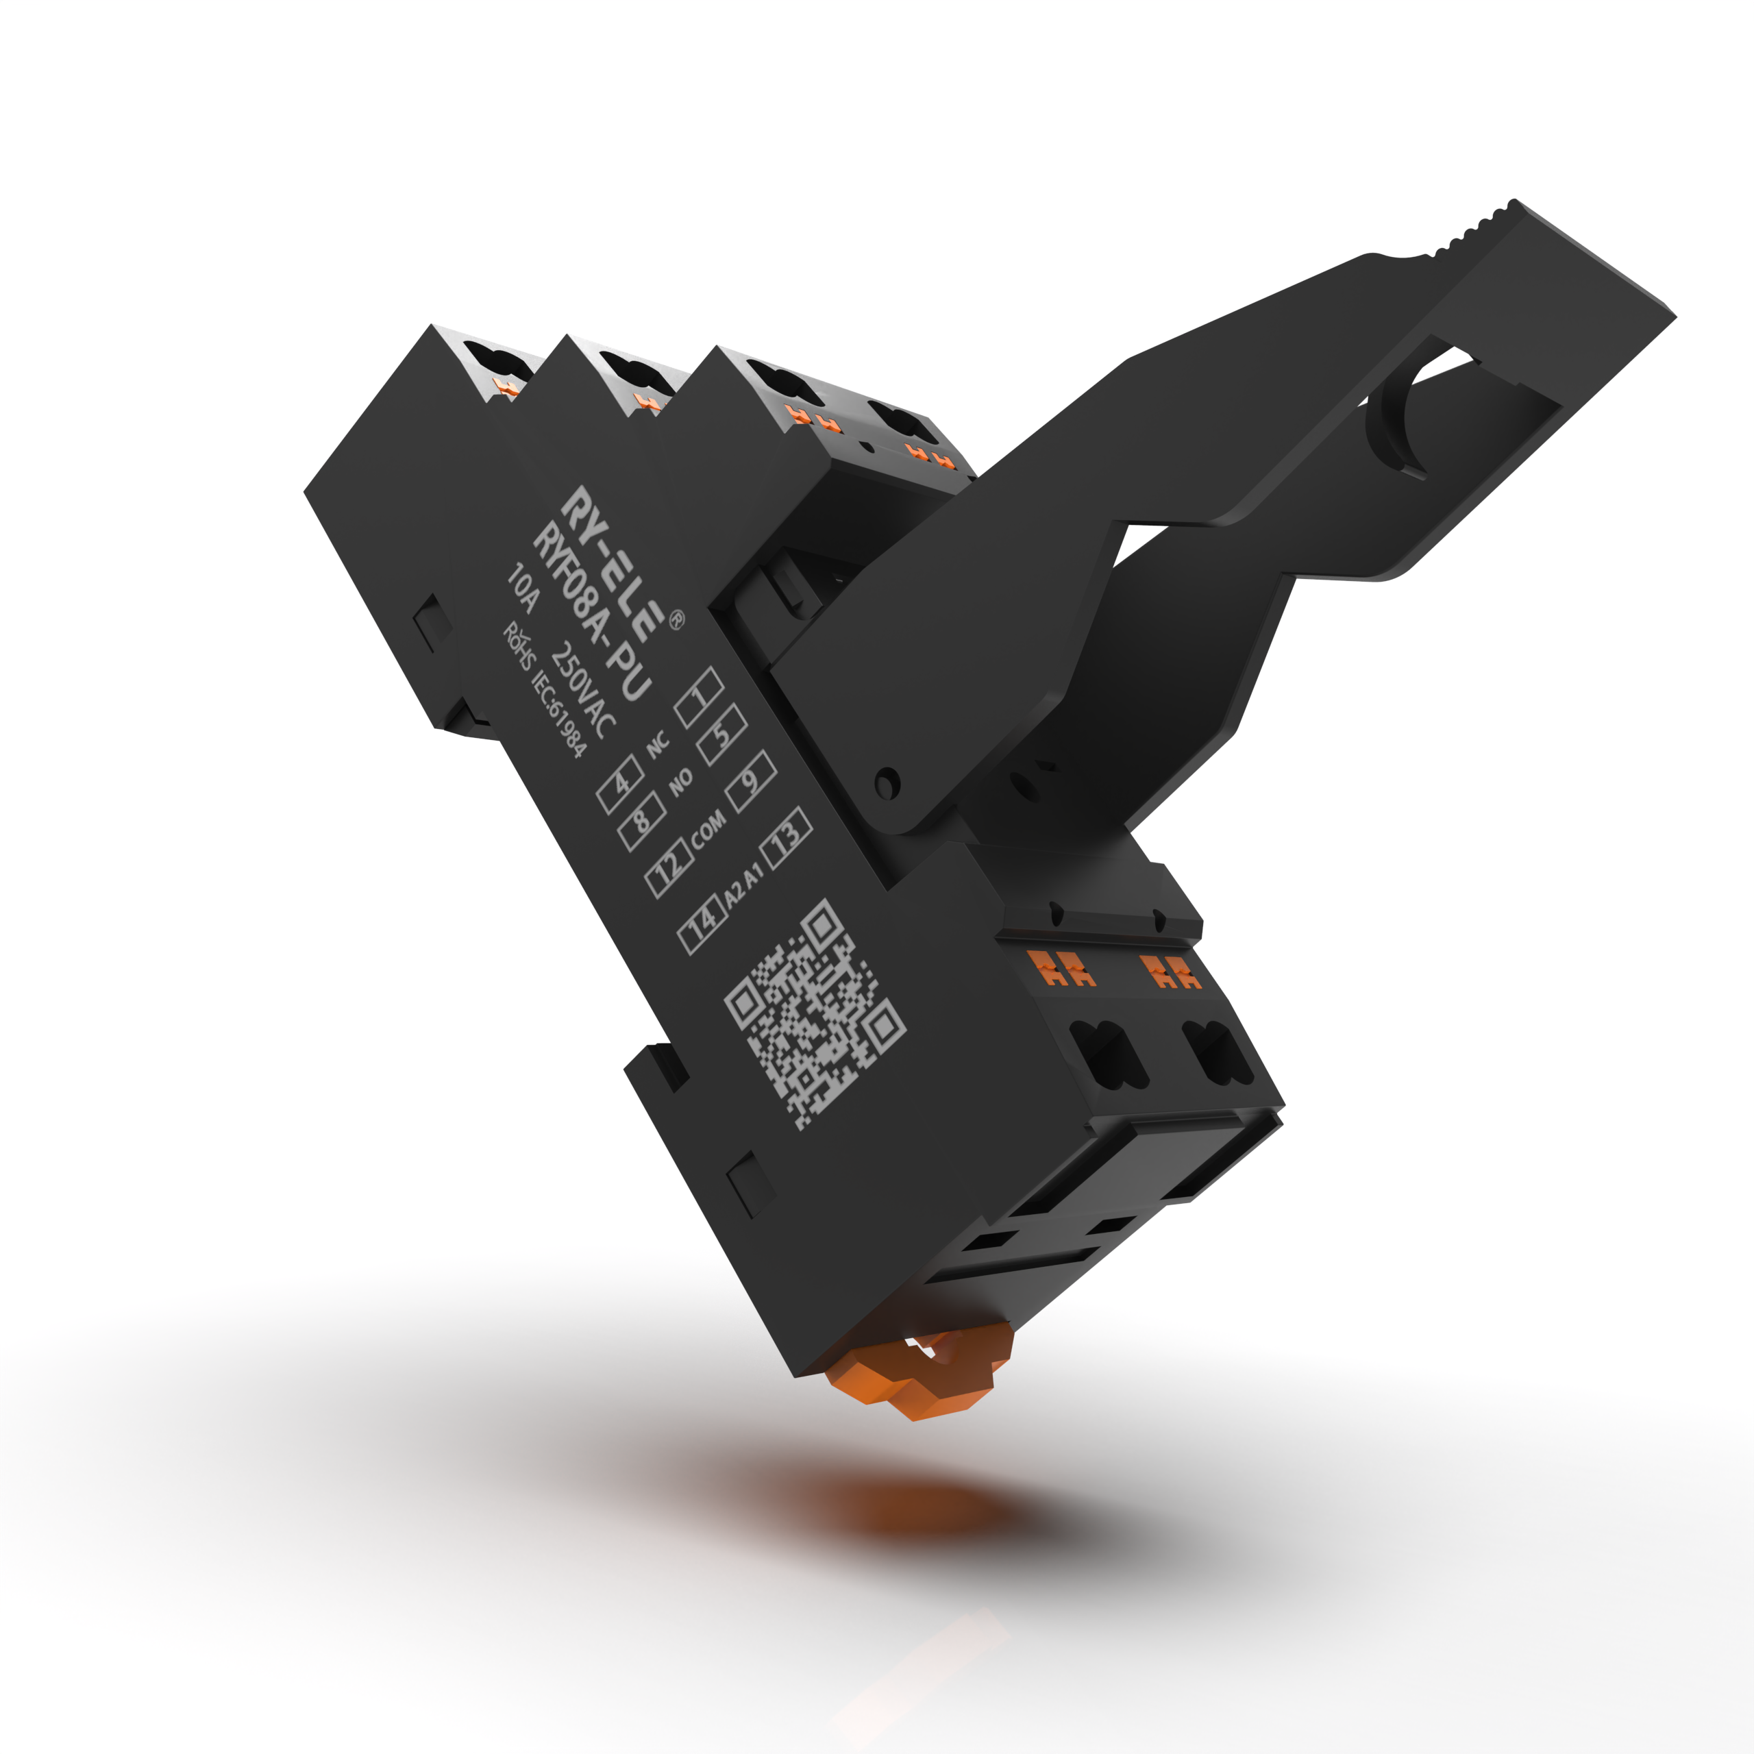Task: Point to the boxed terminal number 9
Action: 751,781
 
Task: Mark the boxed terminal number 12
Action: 669,869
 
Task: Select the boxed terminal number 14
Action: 703,924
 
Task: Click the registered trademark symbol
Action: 676,621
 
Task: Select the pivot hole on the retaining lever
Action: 886,782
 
